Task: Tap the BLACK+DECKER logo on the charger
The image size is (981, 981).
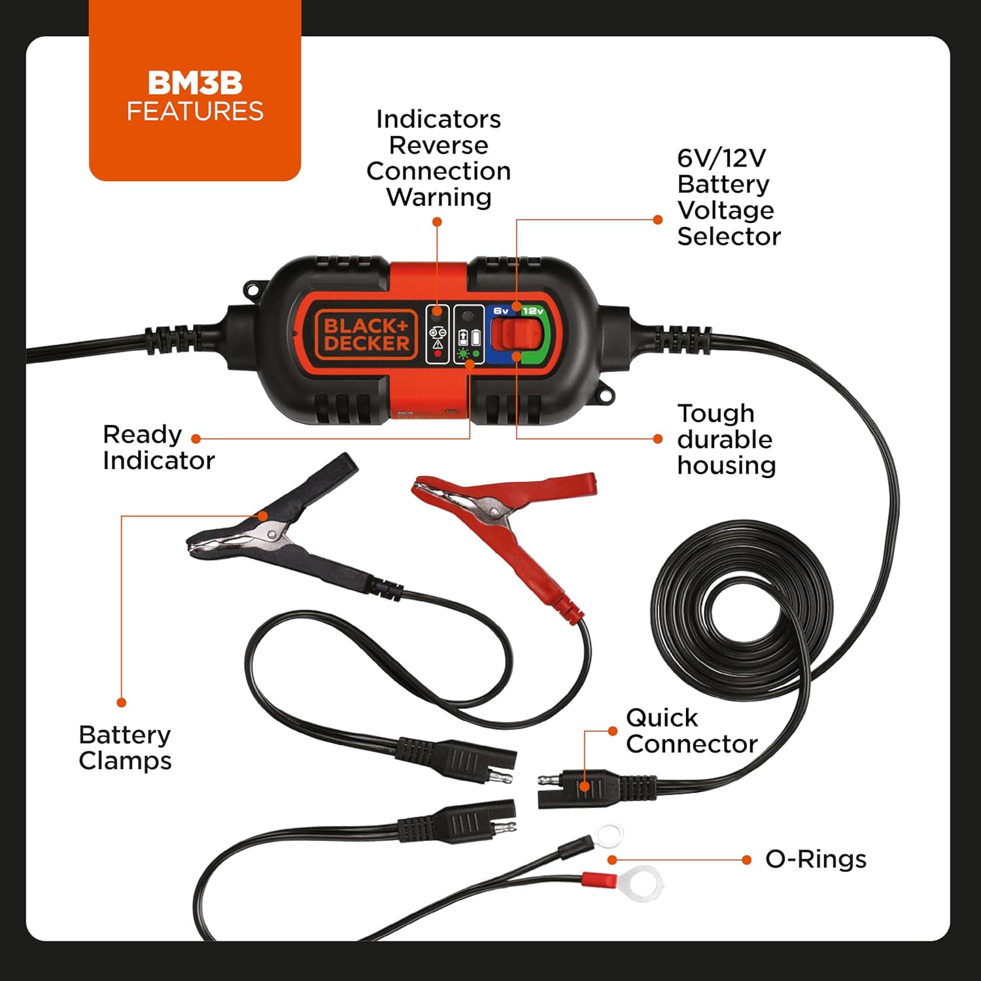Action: pyautogui.click(x=366, y=334)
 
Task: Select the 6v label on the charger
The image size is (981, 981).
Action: pyautogui.click(x=501, y=311)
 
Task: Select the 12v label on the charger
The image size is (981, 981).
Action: pyautogui.click(x=532, y=311)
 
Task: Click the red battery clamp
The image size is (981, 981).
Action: pyautogui.click(x=510, y=517)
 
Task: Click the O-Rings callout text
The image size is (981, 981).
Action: pyautogui.click(x=816, y=859)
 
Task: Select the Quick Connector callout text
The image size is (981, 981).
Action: pyautogui.click(x=691, y=731)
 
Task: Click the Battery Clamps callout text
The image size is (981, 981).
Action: pyautogui.click(x=124, y=748)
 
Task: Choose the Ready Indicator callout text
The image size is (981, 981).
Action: pyautogui.click(x=158, y=447)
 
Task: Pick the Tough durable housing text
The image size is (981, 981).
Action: pyautogui.click(x=726, y=439)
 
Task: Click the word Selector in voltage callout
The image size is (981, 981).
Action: pyautogui.click(x=729, y=236)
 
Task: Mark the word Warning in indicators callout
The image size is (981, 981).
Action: pyautogui.click(x=438, y=197)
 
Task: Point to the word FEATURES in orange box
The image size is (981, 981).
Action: pyautogui.click(x=195, y=111)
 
